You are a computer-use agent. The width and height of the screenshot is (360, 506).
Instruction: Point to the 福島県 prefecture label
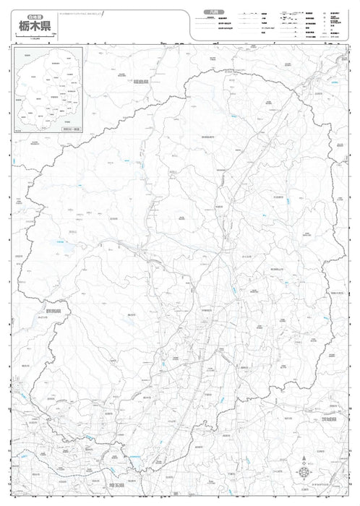point(140,81)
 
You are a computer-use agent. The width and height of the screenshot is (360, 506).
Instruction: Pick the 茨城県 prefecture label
point(330,419)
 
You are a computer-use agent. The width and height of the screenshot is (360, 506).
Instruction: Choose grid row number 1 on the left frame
point(8,49)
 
